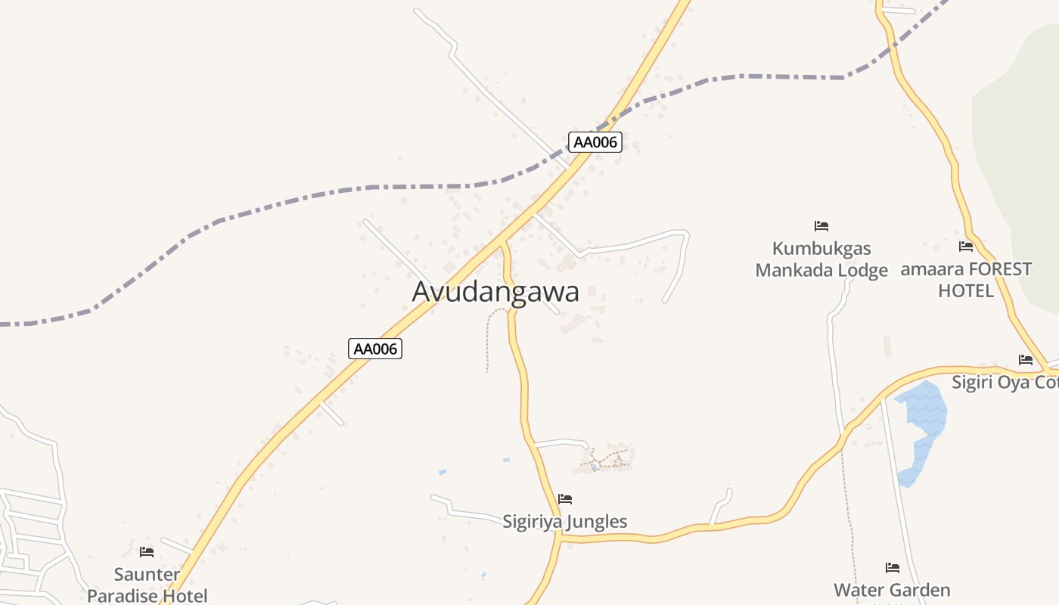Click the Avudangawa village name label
pos(495,292)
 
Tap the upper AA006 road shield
pos(595,142)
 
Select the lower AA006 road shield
pos(375,349)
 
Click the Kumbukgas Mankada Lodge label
pos(821,259)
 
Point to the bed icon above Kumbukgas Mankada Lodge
pos(821,226)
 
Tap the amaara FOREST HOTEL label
pos(966,280)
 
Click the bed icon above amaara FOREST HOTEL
pos(966,247)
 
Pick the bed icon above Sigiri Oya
pos(1026,360)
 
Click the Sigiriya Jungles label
pos(565,521)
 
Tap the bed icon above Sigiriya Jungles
pos(565,499)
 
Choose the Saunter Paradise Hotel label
pos(147,585)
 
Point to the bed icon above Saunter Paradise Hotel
pos(147,552)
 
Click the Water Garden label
pos(892,590)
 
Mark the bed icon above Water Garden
pos(893,568)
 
